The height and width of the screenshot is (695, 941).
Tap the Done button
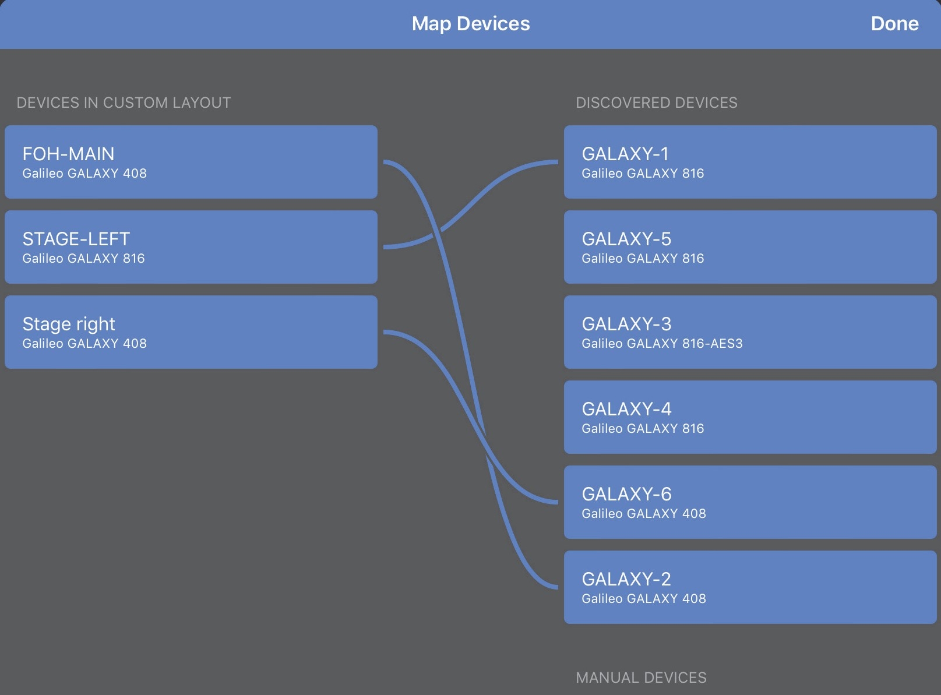tap(894, 24)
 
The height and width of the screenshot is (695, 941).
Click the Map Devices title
tap(471, 24)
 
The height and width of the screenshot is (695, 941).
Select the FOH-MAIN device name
tap(68, 154)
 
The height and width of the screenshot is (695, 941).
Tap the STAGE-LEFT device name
tap(76, 239)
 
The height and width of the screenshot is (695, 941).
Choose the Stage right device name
tap(69, 324)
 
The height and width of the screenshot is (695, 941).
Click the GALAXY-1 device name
tap(625, 154)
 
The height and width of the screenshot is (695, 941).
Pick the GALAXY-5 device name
tap(626, 239)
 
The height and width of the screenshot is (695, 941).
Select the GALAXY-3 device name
tap(626, 324)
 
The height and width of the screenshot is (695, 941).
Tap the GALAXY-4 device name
tap(626, 409)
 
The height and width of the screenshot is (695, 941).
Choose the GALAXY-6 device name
tap(626, 494)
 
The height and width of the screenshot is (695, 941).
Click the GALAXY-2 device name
tap(626, 579)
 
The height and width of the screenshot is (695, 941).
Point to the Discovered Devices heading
tap(657, 103)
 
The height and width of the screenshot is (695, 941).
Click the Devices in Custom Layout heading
tap(124, 103)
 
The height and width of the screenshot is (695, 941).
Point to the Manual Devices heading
tap(641, 678)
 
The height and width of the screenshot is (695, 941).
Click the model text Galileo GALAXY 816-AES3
tap(662, 344)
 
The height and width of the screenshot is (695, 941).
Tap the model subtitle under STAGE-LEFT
tap(83, 259)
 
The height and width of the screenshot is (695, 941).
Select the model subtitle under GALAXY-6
tap(644, 514)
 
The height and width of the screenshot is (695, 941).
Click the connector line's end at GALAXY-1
tap(556, 163)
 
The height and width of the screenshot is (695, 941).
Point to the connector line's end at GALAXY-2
tap(556, 587)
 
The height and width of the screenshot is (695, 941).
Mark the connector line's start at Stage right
tap(385, 332)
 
